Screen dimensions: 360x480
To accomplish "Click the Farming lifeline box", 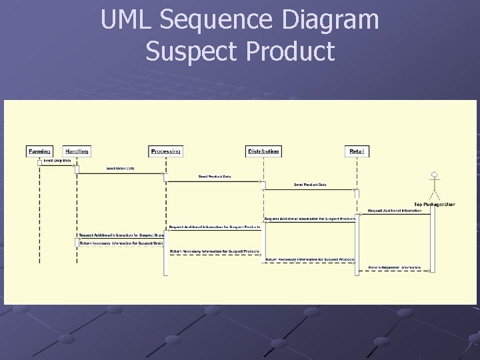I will click(x=39, y=151).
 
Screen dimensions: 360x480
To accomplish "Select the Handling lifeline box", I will click(x=77, y=151).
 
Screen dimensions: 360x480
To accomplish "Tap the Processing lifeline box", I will click(x=165, y=151).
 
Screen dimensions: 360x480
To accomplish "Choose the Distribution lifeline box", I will click(x=263, y=151).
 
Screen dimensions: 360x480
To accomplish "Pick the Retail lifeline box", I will click(x=358, y=151).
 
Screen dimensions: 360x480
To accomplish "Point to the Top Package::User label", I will click(x=435, y=204).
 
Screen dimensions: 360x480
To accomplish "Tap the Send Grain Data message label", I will click(x=120, y=169).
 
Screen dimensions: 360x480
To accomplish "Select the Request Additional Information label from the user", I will click(x=395, y=211).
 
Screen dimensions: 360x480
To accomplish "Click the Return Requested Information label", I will click(x=395, y=267).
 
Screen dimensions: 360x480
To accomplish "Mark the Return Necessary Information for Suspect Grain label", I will click(x=121, y=243).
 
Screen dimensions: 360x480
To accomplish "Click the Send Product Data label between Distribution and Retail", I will click(x=310, y=185).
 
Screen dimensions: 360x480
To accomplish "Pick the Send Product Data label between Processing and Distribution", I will click(x=215, y=177).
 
